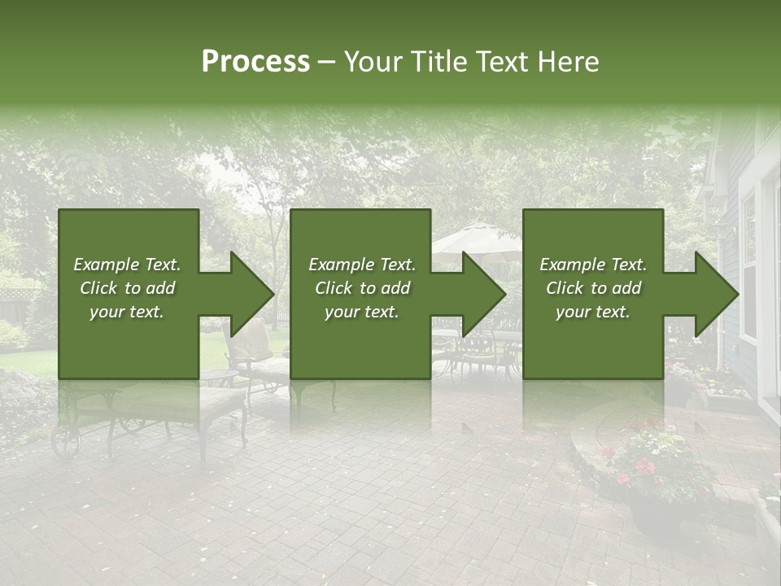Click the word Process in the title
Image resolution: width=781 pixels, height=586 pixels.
(255, 62)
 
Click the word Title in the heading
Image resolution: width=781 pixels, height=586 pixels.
(438, 62)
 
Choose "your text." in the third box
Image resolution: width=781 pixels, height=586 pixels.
(592, 312)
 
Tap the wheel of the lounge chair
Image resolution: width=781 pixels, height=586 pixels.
(65, 439)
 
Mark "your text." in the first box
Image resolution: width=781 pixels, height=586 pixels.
(127, 312)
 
